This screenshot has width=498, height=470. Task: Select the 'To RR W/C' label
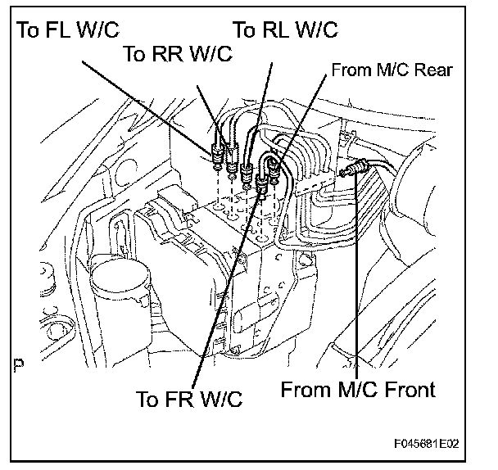point(177,54)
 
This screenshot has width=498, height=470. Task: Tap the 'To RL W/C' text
point(286,31)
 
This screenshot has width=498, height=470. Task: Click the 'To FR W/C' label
point(190,400)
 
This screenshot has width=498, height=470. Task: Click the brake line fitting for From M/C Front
point(352,170)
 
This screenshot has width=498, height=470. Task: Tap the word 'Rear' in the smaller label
point(434,70)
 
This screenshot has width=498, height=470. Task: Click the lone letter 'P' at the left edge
point(18,362)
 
